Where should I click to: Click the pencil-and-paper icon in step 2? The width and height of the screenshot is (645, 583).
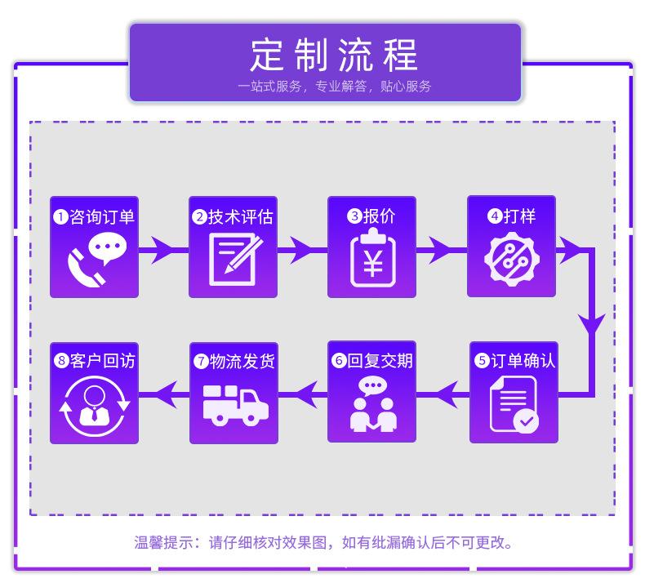click(234, 260)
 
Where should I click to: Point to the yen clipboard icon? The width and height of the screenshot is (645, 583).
click(372, 260)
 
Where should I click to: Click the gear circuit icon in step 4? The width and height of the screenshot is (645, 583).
click(511, 260)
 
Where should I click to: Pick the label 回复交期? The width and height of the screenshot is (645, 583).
click(380, 361)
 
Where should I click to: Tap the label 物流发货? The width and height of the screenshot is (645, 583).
click(242, 361)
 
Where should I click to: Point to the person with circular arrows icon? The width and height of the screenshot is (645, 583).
click(95, 405)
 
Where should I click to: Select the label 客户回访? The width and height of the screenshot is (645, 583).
click(102, 361)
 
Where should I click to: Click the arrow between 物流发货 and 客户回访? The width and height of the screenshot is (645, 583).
click(164, 396)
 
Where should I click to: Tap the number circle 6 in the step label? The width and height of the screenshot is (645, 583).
click(339, 361)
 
